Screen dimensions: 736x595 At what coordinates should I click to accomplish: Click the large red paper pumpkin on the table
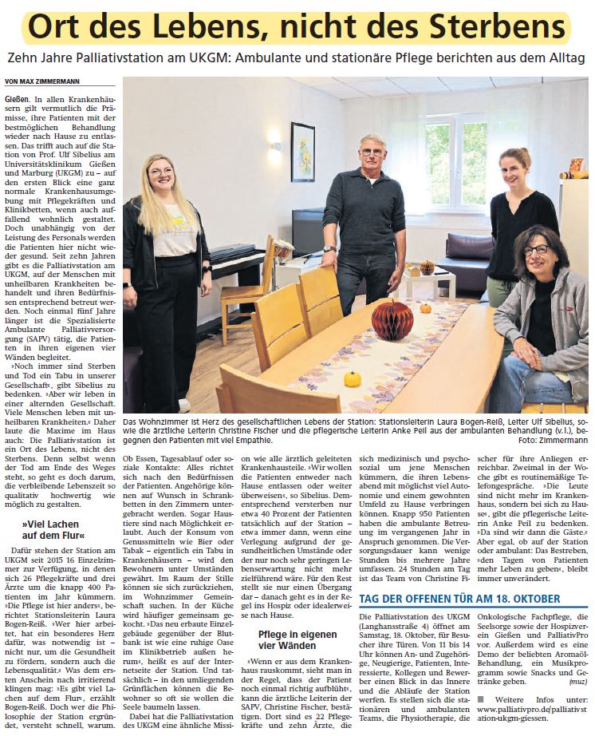tap(392, 319)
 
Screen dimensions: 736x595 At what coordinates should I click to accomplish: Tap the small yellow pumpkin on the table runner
tap(353, 378)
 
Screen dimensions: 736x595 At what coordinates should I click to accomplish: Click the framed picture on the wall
tap(302, 152)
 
